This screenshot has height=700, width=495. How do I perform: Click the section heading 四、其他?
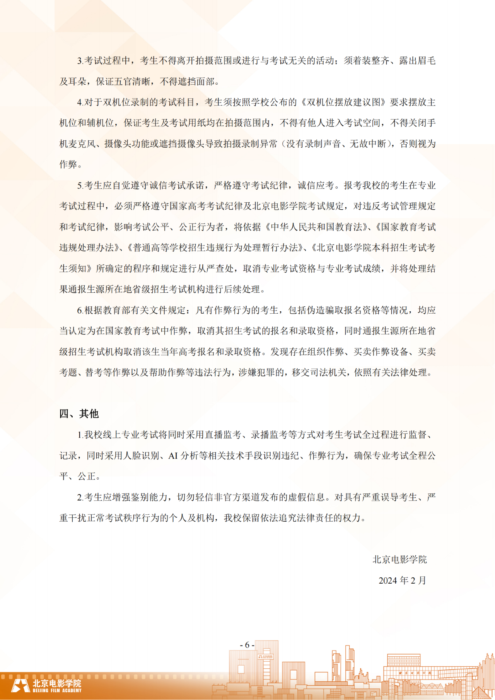pos(79,414)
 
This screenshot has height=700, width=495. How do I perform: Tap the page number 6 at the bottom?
pos(247,645)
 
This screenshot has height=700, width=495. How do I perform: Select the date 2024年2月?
pos(402,580)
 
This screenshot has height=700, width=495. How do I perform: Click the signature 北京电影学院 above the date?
pos(399,560)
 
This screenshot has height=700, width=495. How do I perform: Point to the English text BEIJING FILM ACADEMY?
pos(57,690)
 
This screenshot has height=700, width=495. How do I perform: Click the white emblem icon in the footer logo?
pos(20,686)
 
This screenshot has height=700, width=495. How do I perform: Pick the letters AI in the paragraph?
pos(173,456)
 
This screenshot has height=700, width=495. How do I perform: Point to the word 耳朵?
pos(77,81)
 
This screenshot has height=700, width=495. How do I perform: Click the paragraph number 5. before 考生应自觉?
pos(80,186)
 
